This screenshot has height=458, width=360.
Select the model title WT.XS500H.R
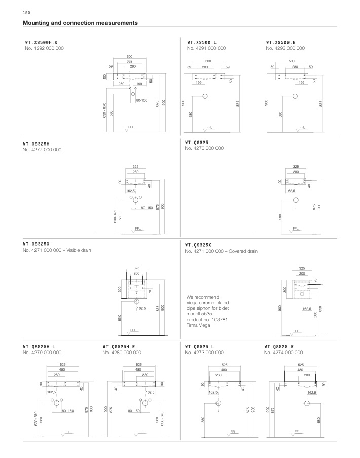tap(45, 42)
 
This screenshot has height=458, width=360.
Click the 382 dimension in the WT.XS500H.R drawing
tap(129, 61)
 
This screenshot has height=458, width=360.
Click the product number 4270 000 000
tap(204, 148)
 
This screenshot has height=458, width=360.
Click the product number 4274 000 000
tap(283, 352)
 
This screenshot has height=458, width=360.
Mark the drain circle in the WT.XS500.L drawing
tap(205, 96)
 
